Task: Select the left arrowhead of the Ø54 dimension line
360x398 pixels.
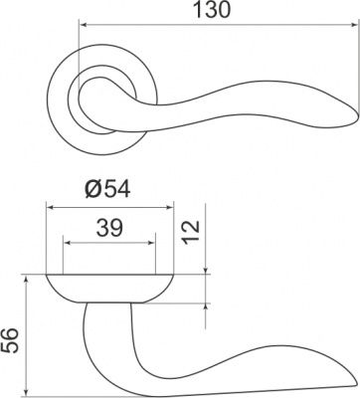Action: (50, 207)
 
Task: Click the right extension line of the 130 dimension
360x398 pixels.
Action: (354, 60)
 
